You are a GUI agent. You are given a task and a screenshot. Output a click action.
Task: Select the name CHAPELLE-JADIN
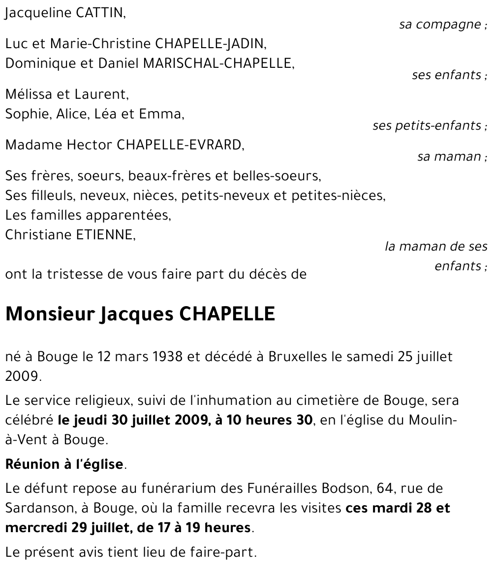point(211,44)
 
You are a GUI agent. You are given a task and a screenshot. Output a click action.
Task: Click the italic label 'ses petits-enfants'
point(427,126)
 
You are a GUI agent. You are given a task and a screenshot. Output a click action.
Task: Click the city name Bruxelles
point(299,357)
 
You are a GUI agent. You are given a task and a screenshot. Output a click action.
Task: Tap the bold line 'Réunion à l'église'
point(64,464)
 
